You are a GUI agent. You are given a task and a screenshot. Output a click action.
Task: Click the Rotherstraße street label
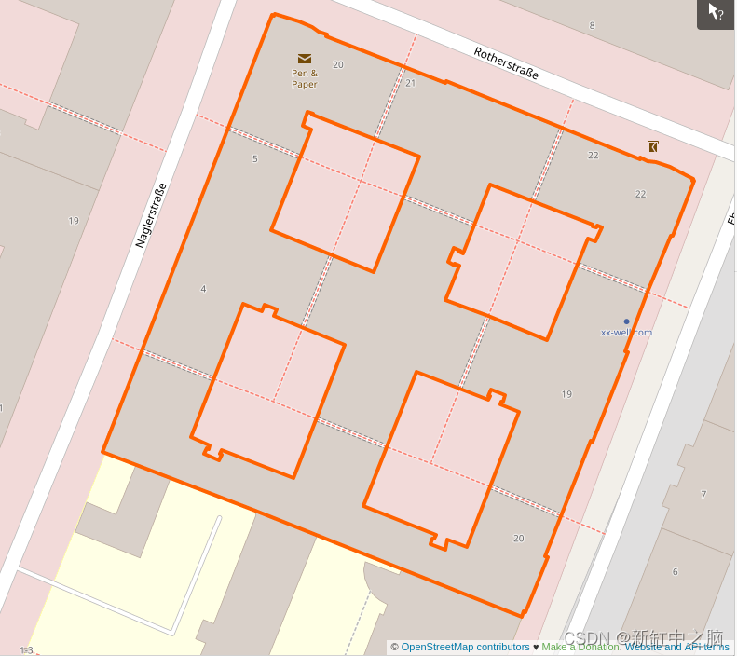[x=506, y=63]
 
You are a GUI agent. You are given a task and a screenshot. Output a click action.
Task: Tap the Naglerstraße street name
[x=150, y=214]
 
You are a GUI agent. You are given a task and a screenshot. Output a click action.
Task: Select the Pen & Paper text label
[x=305, y=78]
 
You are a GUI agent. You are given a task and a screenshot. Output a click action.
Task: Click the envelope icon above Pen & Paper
[x=305, y=59]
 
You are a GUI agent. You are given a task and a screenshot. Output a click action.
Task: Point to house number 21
[x=410, y=83]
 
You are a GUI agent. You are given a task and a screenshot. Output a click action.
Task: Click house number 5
[x=254, y=158]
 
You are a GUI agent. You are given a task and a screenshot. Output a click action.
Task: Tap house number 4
[x=203, y=289]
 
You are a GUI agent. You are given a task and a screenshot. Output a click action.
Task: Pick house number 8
[x=592, y=25]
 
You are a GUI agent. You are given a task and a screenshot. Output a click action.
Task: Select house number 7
[x=703, y=494]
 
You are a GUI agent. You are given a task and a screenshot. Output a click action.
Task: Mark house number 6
[x=675, y=571]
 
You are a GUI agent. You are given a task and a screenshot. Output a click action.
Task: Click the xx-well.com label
[x=626, y=332]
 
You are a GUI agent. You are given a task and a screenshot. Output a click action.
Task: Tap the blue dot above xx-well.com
[x=626, y=321]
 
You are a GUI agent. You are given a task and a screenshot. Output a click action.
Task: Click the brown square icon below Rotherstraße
[x=653, y=146]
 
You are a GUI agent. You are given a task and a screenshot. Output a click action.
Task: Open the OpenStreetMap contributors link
[x=465, y=647]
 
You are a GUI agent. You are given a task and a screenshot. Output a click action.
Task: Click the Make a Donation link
[x=580, y=647]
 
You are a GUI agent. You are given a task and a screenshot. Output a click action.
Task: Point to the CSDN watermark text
[x=587, y=638]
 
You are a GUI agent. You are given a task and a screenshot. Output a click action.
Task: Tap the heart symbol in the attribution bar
[x=536, y=647]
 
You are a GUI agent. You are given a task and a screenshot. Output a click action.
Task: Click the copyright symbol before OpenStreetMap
[x=395, y=647]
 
